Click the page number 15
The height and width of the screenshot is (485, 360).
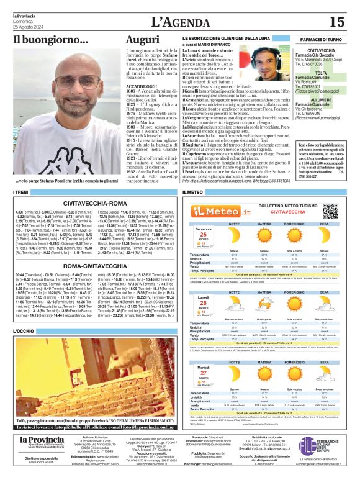(337, 22)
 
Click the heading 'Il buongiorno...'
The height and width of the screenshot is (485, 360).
(51, 40)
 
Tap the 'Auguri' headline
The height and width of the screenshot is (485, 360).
(142, 40)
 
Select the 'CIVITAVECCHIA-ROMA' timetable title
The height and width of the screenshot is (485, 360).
(92, 202)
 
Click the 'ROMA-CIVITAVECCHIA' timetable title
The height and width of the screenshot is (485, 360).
(92, 265)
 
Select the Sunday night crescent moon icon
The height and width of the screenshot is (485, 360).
(235, 238)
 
